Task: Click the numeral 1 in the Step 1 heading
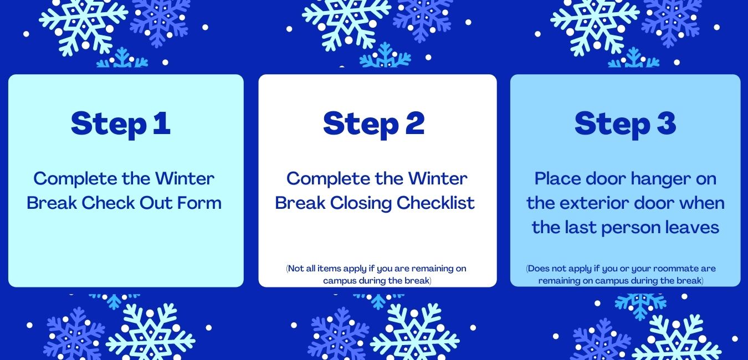point(162,123)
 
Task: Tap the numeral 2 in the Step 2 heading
point(415,123)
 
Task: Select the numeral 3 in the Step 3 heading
point(667,123)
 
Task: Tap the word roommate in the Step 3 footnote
point(673,269)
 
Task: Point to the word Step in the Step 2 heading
point(361,125)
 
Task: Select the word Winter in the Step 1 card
point(185,178)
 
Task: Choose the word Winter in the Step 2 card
point(438,178)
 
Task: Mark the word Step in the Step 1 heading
point(109,125)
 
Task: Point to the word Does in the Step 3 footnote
point(538,269)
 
